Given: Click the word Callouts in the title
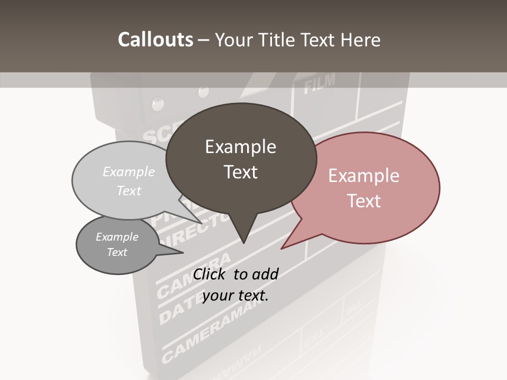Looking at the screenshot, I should [155, 40].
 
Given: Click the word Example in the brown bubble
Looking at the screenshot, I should [240, 147].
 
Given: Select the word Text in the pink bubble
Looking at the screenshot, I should [364, 201].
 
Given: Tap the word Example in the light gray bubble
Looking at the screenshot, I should [129, 172].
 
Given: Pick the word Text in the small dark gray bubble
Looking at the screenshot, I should [117, 252].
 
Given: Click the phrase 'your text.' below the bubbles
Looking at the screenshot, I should [236, 296].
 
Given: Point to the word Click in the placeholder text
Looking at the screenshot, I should [210, 274].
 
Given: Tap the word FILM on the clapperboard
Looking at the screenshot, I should [320, 83].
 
